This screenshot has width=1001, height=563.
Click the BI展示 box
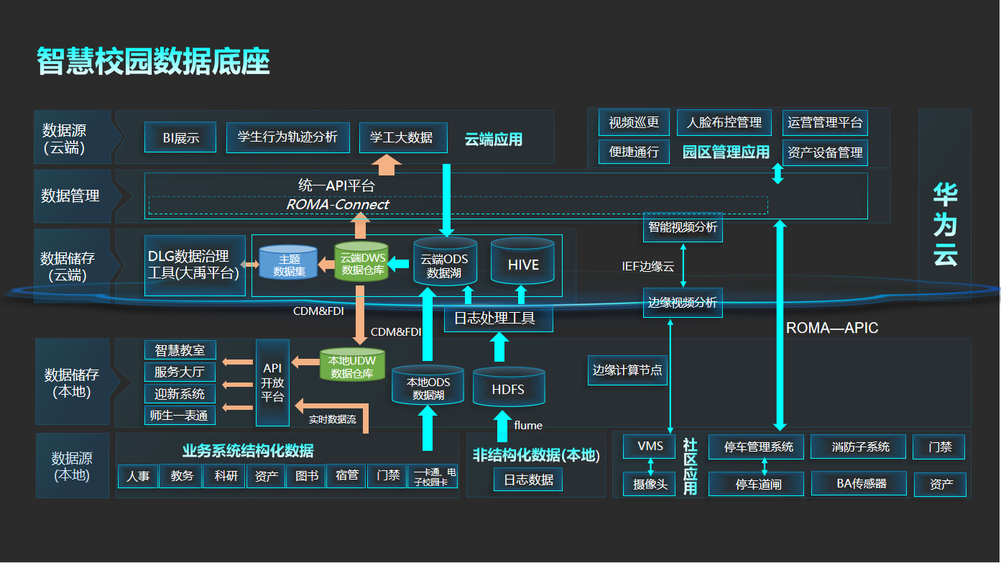tap(180, 137)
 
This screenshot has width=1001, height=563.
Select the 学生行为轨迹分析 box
tap(287, 137)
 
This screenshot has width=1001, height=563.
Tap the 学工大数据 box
tap(402, 137)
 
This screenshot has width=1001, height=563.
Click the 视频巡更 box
tap(634, 122)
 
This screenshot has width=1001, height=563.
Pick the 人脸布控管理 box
tap(724, 122)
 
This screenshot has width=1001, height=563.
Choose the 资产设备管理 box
tap(824, 152)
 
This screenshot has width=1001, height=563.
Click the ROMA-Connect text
tap(338, 205)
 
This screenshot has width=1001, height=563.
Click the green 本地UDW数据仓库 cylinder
tap(352, 365)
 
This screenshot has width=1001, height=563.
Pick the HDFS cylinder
tap(508, 388)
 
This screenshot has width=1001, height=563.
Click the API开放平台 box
tap(272, 383)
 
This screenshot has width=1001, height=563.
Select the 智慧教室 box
tap(180, 350)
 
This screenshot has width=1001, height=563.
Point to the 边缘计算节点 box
tap(627, 370)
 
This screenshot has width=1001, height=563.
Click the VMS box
tap(650, 447)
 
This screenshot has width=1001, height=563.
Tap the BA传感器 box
tap(862, 484)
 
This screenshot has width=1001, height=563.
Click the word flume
tap(528, 426)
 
